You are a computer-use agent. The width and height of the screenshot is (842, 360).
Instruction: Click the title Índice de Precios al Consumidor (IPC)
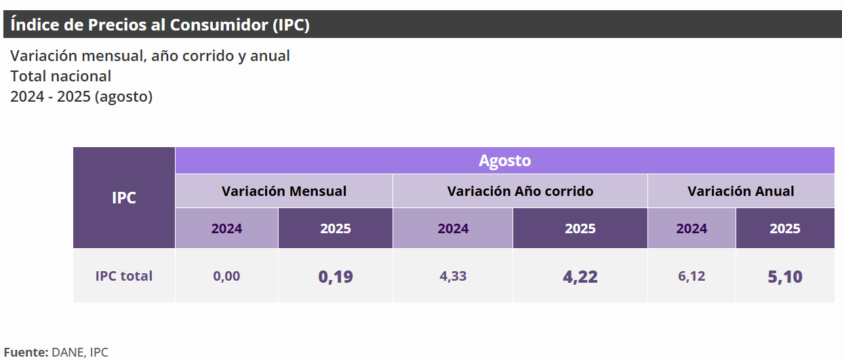(160, 25)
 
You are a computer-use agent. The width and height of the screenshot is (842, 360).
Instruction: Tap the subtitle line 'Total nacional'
(60, 76)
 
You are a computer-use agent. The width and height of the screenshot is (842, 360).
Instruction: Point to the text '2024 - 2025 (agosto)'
(81, 96)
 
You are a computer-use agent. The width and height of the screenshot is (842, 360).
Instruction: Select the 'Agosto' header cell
(504, 161)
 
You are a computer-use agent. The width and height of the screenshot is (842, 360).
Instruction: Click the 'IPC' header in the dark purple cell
(124, 198)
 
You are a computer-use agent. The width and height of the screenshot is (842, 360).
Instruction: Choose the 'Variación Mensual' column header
(284, 191)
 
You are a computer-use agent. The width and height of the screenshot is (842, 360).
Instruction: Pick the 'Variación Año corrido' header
(520, 191)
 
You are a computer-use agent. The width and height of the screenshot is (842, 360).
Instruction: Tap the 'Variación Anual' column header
(741, 191)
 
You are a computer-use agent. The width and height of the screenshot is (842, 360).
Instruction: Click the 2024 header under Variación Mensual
(226, 228)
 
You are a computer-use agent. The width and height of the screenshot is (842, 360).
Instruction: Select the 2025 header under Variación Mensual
(336, 228)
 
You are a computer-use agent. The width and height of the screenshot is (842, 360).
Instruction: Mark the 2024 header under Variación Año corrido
(453, 228)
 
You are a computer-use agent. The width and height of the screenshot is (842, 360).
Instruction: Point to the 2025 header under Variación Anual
(785, 228)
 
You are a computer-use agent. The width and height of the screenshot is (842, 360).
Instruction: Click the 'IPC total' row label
(124, 276)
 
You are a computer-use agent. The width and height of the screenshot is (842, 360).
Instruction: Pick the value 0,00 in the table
(226, 276)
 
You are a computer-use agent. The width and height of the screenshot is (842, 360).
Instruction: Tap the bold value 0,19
(336, 277)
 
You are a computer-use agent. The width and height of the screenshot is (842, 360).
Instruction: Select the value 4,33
(453, 276)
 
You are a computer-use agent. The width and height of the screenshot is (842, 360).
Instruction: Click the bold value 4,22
(580, 277)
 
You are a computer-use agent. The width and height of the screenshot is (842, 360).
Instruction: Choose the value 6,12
(691, 276)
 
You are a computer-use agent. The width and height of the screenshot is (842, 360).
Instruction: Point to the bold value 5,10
(785, 277)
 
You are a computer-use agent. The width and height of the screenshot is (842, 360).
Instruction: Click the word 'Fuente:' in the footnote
(26, 352)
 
